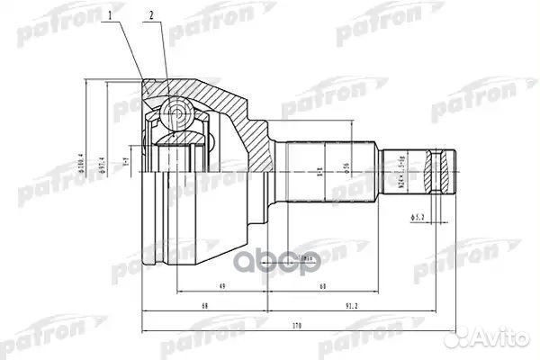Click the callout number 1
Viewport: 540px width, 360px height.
click(112, 15)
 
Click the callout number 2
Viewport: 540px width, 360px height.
click(153, 15)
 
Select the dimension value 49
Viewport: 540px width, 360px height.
click(220, 287)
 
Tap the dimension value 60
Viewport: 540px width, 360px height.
click(321, 287)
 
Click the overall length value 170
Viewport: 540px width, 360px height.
click(296, 326)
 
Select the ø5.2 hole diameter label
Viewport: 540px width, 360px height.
click(418, 216)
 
